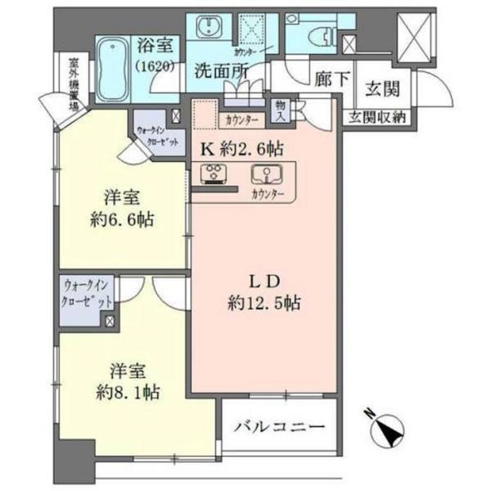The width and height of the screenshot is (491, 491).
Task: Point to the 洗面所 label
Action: coord(221,72)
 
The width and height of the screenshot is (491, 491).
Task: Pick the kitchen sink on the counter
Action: coord(266,173)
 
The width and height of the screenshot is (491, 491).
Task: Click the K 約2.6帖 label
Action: coord(241,150)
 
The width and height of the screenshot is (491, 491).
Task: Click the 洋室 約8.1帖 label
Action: coord(126,381)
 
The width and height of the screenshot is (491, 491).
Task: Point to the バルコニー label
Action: coord(278,426)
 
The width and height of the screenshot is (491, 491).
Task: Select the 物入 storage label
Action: coord(281,110)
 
